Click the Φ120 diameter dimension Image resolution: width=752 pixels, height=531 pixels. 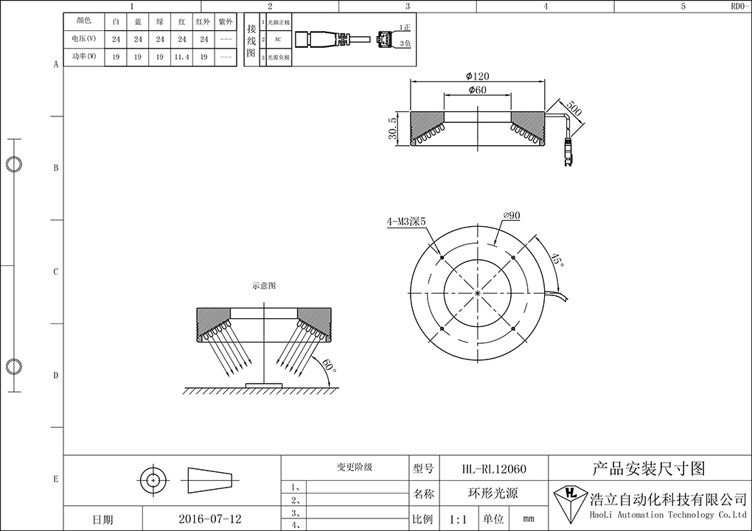click(478, 76)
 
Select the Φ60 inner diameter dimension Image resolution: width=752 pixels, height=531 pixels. click(478, 91)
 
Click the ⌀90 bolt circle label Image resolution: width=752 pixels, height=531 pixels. click(512, 216)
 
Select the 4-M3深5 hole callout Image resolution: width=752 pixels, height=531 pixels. click(405, 221)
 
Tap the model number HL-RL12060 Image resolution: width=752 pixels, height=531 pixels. click(494, 468)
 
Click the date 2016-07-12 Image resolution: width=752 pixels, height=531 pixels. click(210, 519)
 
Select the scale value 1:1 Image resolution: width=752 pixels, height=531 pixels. click(458, 519)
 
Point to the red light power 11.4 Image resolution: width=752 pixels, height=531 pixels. click(181, 57)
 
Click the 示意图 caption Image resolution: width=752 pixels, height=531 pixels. click(263, 286)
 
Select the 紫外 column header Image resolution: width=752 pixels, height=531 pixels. click(226, 21)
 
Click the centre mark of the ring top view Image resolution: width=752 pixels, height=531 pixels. click(478, 294)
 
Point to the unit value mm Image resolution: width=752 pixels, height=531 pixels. click(528, 519)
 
